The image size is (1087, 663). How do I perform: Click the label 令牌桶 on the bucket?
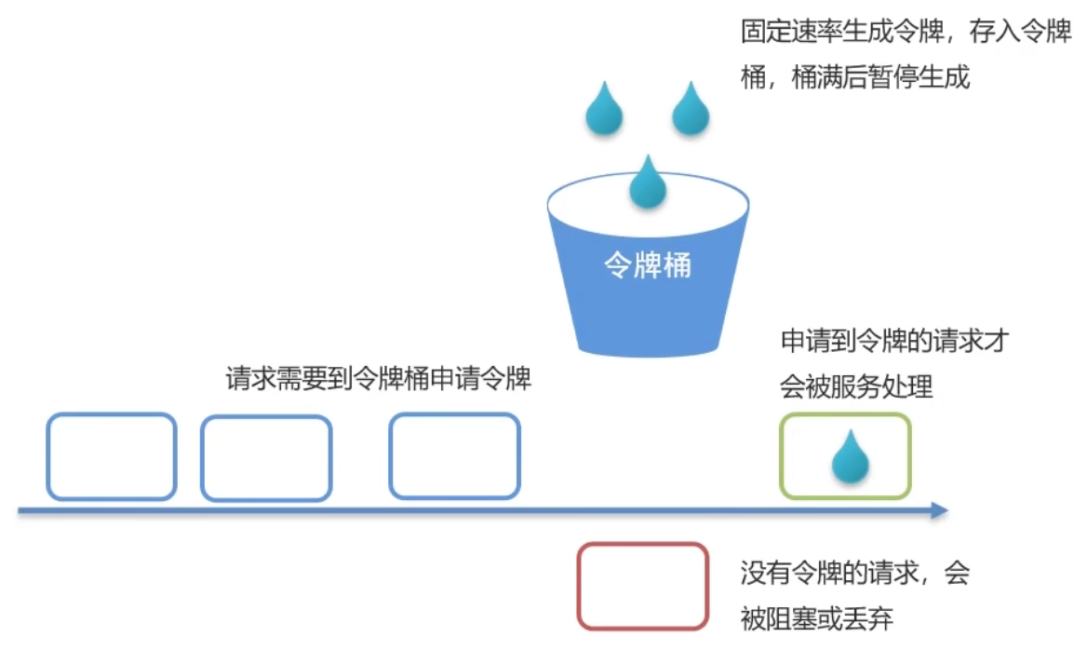(x=648, y=266)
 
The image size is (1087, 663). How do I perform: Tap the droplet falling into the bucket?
(x=648, y=183)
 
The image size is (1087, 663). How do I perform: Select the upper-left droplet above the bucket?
(x=604, y=110)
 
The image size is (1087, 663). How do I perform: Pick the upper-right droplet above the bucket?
(x=691, y=110)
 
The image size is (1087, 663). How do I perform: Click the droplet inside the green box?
(x=849, y=458)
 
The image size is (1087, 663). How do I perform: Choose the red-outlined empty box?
(x=642, y=586)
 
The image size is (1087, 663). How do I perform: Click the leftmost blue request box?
(x=112, y=456)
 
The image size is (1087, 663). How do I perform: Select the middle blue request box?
(x=266, y=458)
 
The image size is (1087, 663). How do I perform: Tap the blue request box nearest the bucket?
(x=454, y=456)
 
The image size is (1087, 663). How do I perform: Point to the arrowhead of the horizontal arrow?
(x=939, y=510)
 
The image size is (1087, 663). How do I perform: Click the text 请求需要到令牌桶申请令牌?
(x=379, y=379)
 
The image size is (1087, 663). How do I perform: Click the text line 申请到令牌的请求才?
(x=894, y=342)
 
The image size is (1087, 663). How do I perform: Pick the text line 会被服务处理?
(x=856, y=386)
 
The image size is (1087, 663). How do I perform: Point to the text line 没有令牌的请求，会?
(x=854, y=573)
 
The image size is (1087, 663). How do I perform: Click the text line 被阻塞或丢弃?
(x=816, y=617)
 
